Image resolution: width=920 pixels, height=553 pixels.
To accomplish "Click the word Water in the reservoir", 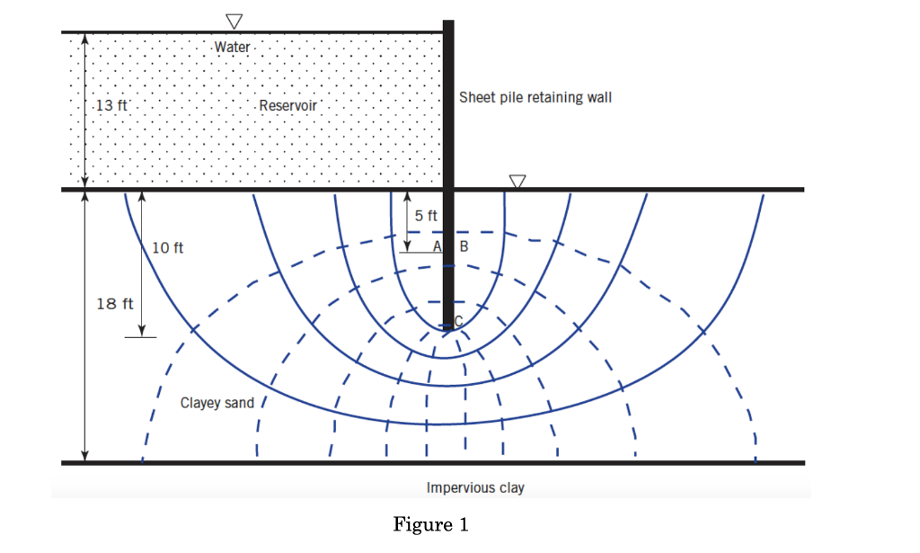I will point(233,46).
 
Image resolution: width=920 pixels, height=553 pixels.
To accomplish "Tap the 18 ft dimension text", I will point(115,303).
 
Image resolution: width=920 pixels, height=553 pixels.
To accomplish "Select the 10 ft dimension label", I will point(167,247).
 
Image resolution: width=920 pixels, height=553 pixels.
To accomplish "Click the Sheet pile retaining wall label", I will point(535,97).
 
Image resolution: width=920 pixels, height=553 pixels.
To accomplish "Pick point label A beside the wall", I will point(437,246).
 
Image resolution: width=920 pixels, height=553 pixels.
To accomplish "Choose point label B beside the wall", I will point(464,246).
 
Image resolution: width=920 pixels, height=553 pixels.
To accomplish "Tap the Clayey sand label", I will point(217,403).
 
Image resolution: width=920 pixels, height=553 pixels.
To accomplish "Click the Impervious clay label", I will point(475,488).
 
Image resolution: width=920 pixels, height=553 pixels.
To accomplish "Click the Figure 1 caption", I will point(431,525).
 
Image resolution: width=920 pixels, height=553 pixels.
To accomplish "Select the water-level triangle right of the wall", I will point(517,181).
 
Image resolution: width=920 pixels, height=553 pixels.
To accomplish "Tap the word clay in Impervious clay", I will point(509,488).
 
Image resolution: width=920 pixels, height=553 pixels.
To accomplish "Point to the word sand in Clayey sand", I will point(240,403).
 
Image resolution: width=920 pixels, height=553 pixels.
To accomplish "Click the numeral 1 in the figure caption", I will point(463,525).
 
